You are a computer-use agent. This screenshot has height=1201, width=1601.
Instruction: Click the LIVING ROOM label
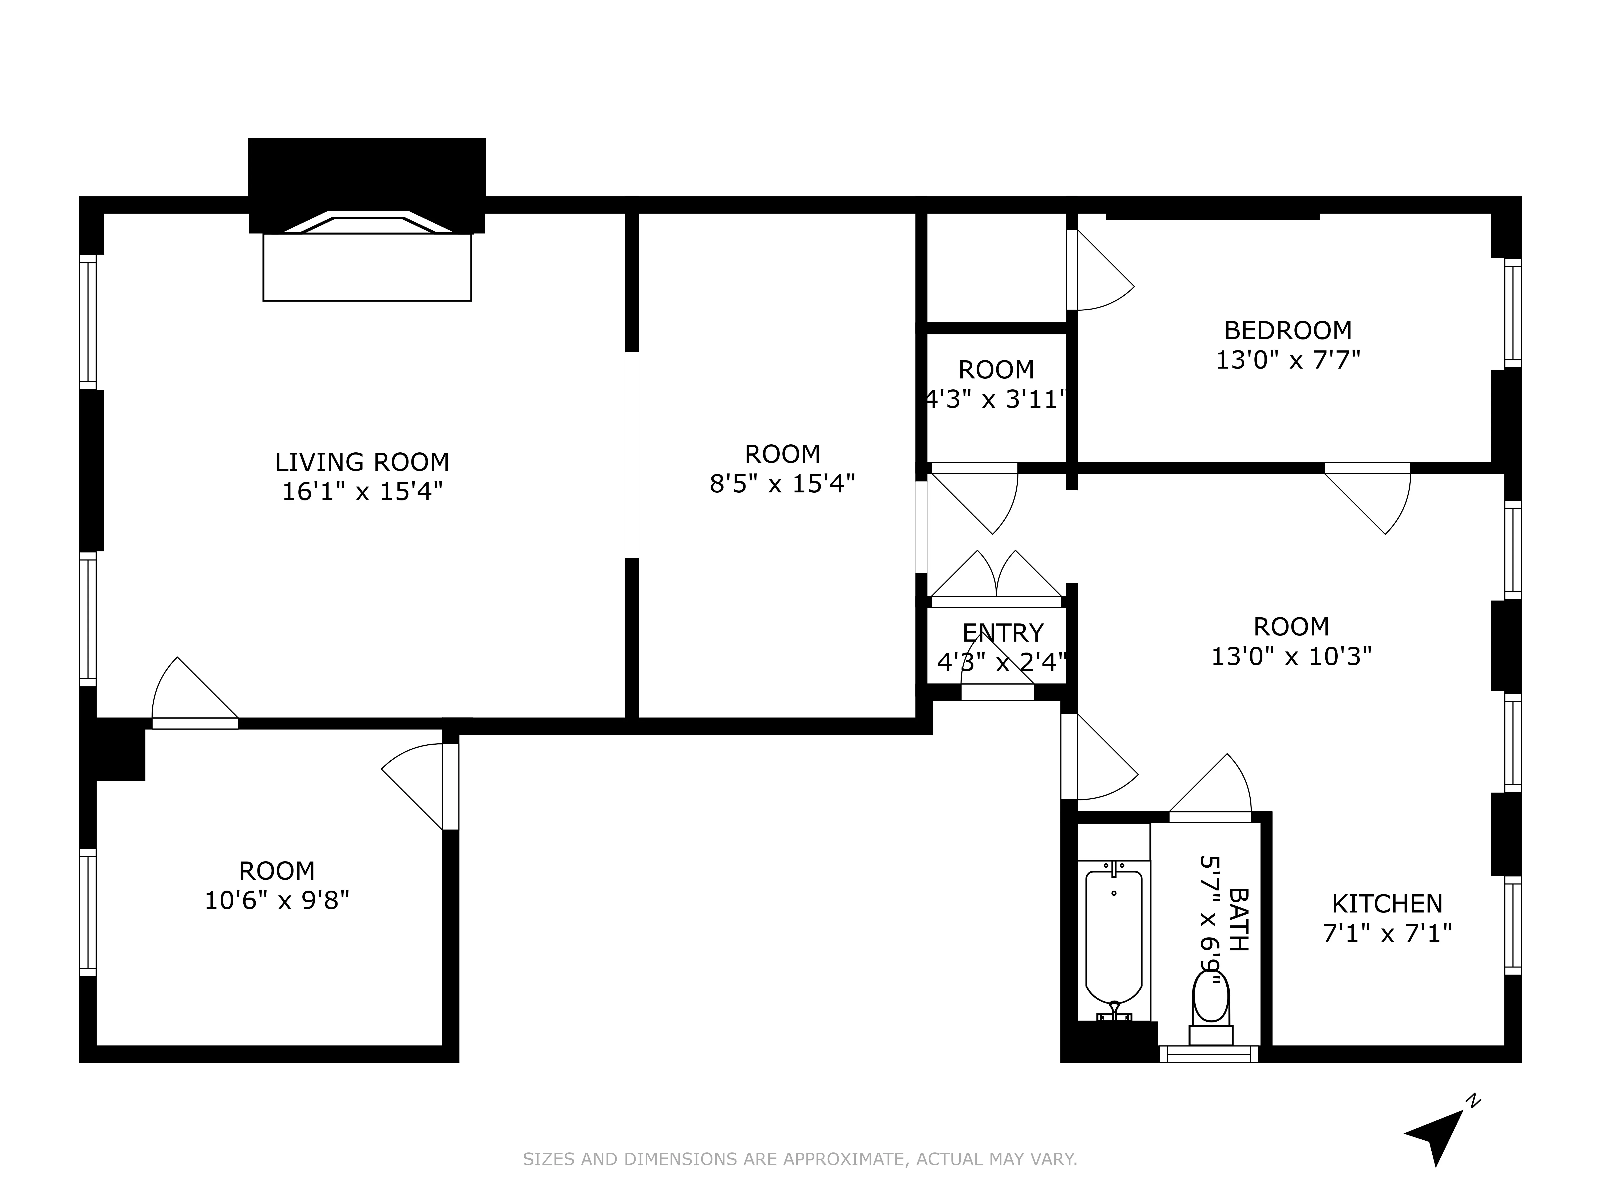(x=362, y=462)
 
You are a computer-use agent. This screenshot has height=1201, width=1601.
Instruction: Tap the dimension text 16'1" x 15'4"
(x=362, y=492)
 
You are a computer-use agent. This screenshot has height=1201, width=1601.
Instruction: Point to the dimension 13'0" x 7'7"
(x=1287, y=360)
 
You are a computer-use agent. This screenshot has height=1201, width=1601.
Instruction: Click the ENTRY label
(x=1002, y=633)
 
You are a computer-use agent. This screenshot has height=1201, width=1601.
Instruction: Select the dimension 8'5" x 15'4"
(x=782, y=484)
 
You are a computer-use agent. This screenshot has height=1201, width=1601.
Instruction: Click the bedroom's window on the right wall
(x=1512, y=313)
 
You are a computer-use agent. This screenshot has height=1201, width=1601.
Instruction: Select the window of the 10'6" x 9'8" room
(x=88, y=912)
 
